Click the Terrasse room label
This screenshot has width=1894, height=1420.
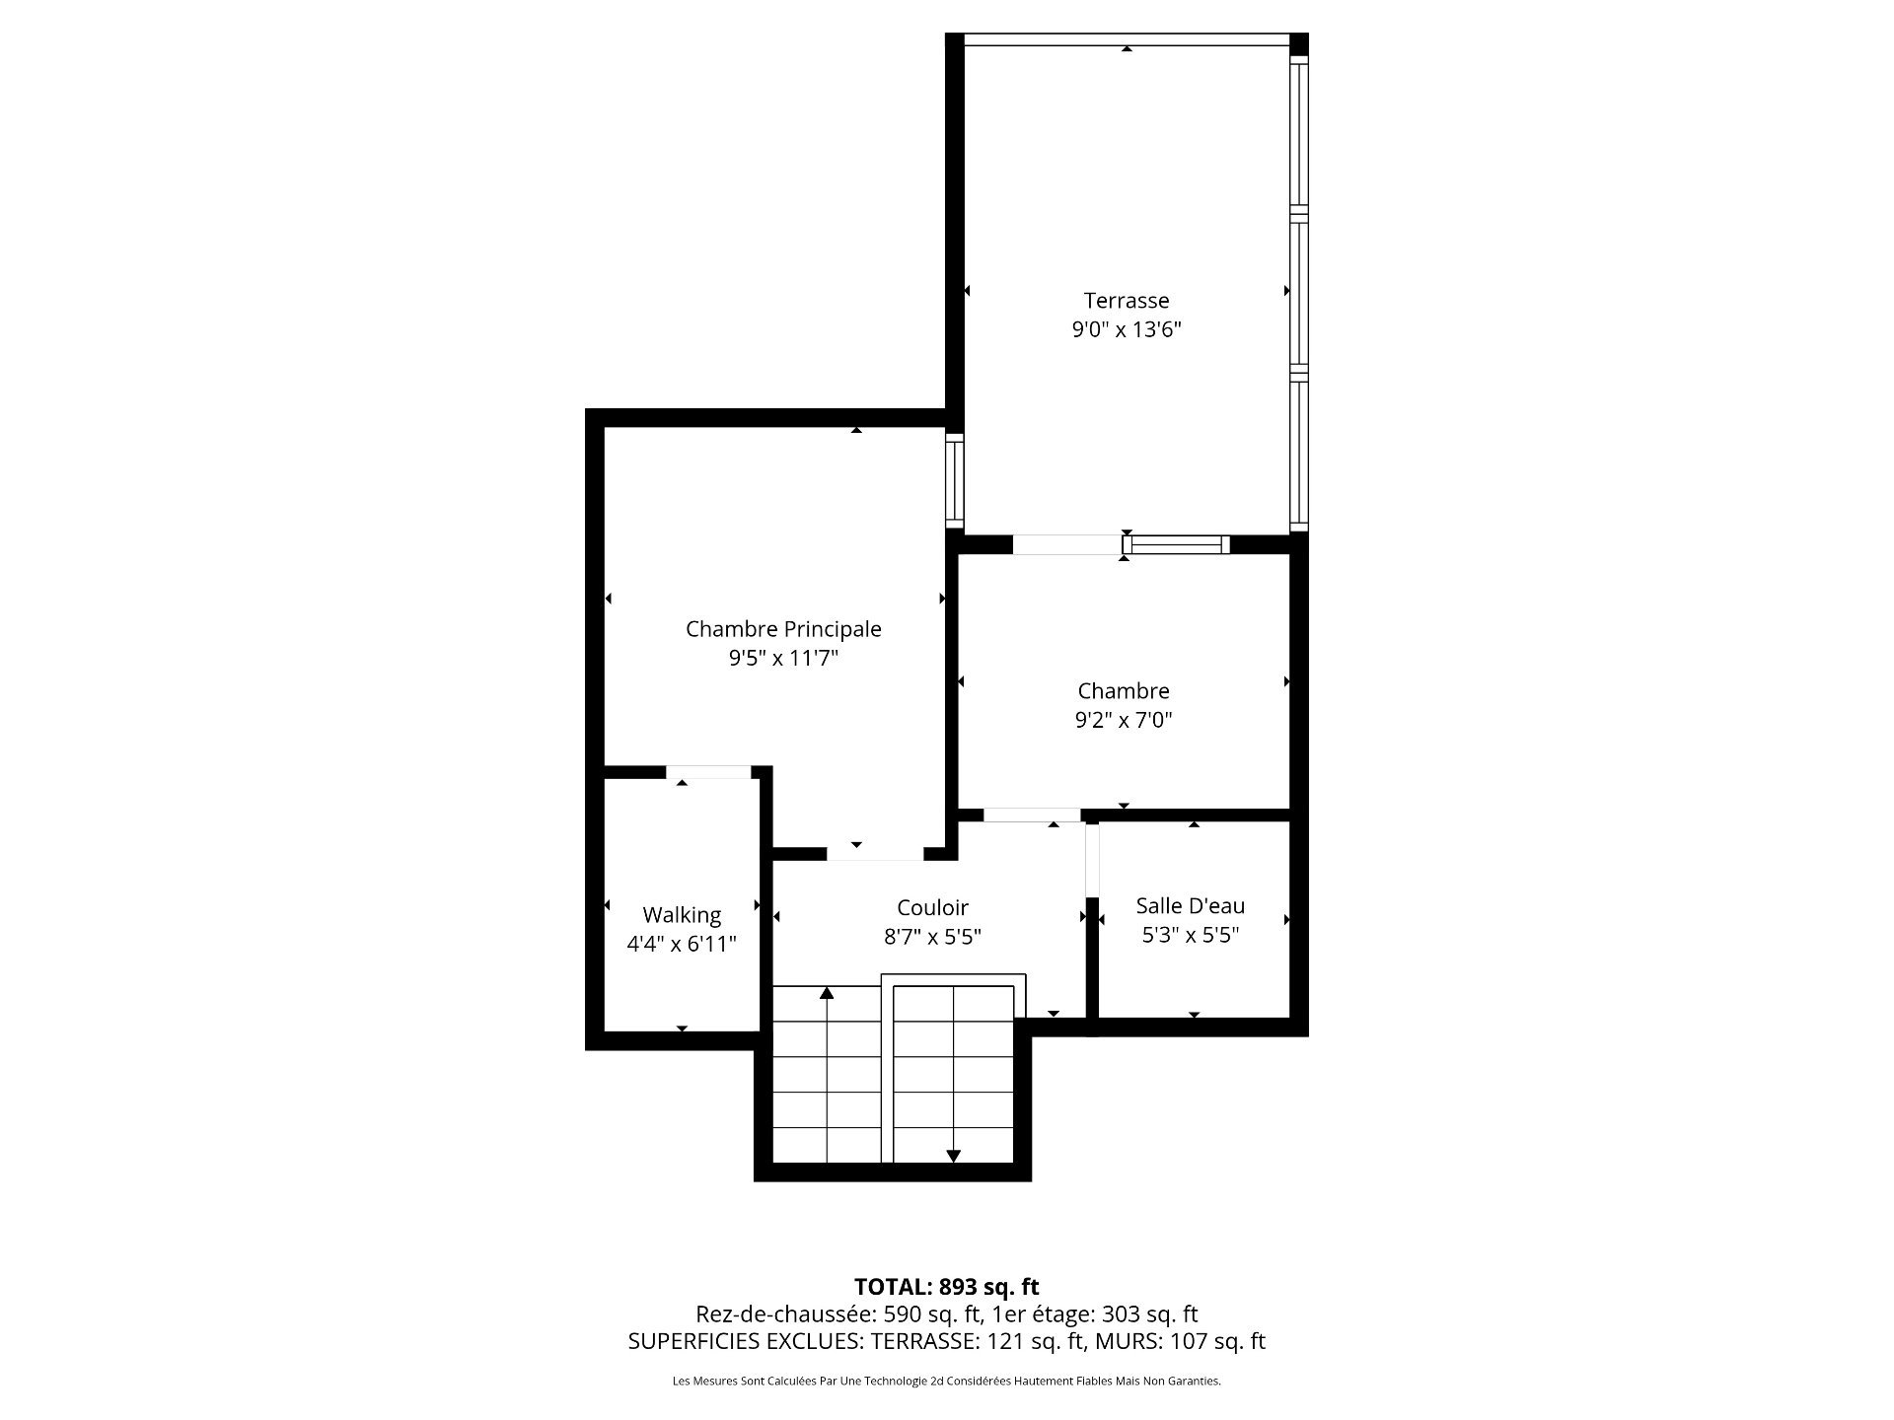pos(1127,301)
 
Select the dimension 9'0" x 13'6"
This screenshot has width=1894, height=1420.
pos(1127,329)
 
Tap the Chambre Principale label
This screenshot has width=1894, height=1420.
pos(783,629)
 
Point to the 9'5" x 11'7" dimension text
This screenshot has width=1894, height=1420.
pos(783,658)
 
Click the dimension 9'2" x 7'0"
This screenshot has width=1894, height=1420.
pos(1124,720)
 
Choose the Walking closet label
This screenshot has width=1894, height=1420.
pos(682,916)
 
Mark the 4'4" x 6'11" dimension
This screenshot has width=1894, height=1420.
pos(682,944)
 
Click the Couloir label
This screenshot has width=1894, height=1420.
pos(932,907)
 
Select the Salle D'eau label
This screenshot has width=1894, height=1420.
pos(1191,905)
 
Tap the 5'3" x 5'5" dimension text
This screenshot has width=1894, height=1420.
pos(1191,934)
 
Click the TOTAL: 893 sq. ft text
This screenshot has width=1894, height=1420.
pos(946,1286)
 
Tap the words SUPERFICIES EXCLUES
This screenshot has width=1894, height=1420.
pos(743,1341)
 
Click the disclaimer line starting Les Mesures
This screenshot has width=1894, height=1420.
pos(946,1381)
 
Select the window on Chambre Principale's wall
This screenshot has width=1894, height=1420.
pos(954,479)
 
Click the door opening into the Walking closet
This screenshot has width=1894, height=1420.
pos(708,771)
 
